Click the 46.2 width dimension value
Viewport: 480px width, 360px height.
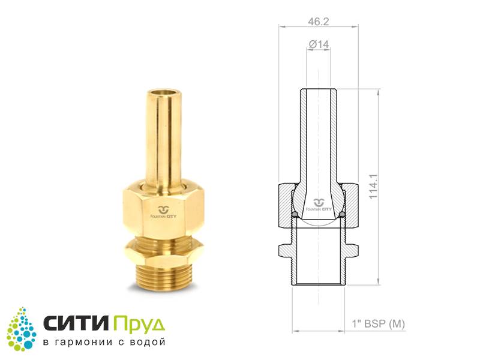pos(319,22)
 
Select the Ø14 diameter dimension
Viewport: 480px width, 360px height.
pos(319,44)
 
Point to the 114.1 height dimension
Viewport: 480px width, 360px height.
pos(373,187)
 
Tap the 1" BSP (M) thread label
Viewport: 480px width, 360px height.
pos(379,323)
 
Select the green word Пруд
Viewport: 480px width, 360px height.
pos(139,324)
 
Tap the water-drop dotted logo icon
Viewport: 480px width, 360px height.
pos(22,329)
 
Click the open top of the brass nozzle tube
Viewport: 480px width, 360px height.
pos(163,94)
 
